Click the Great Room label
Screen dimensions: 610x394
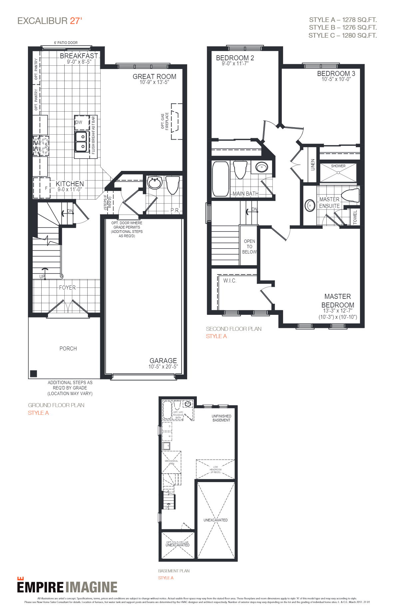point(154,77)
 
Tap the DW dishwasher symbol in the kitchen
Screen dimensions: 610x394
point(79,122)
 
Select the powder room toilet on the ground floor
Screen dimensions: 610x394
point(173,185)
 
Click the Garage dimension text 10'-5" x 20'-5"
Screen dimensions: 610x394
point(163,366)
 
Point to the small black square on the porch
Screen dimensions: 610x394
point(33,373)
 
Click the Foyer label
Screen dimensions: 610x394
point(67,288)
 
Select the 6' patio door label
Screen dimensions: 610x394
point(66,43)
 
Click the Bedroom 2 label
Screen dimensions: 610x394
point(235,58)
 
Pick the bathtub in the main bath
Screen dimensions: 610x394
point(220,179)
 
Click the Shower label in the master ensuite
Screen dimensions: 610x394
point(338,166)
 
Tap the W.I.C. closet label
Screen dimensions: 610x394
point(230,281)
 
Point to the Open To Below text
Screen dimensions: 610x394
point(249,247)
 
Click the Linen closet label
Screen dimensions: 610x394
point(313,165)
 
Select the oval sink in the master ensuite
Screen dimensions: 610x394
point(310,206)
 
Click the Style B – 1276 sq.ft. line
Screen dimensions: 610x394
point(343,28)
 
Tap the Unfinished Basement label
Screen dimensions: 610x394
point(221,418)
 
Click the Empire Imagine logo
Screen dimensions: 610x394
point(67,587)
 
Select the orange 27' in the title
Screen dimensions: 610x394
point(76,21)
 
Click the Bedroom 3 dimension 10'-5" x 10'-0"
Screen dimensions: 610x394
point(336,79)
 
